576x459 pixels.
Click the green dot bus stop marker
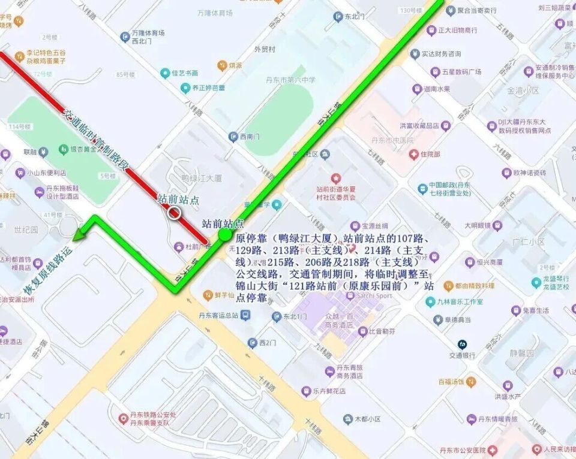(x=224, y=235)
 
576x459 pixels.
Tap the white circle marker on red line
(x=175, y=213)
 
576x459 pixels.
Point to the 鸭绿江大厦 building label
(x=202, y=178)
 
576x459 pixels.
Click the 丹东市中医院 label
(x=394, y=140)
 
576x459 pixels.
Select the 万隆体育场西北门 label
(x=148, y=37)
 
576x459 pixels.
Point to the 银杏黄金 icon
(x=63, y=149)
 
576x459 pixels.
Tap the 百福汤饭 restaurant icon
(x=472, y=381)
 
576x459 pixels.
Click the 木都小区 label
(x=367, y=419)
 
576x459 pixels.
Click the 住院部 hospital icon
(x=413, y=154)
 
